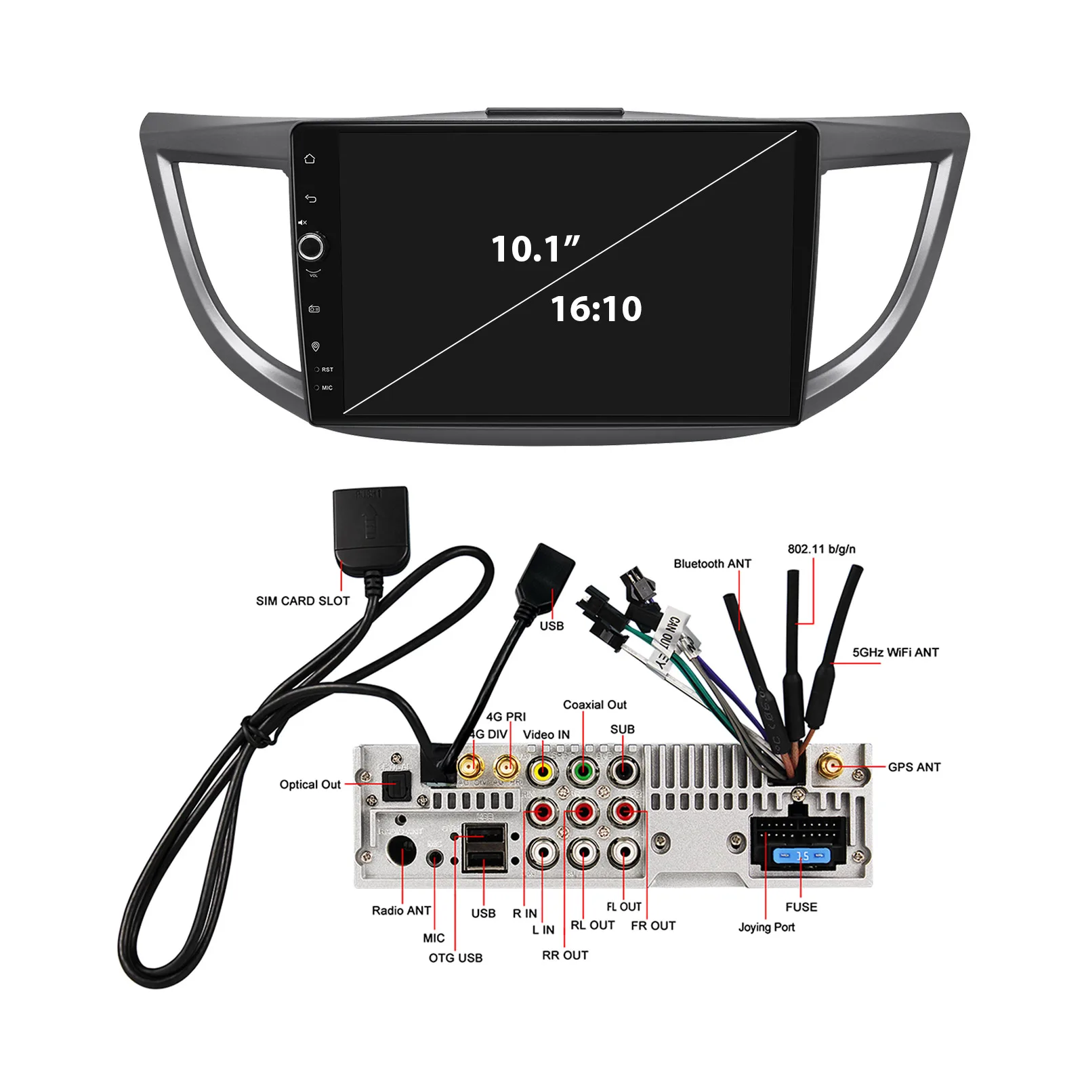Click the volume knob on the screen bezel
pyautogui.click(x=311, y=247)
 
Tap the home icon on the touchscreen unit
pyautogui.click(x=310, y=159)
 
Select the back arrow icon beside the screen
pyautogui.click(x=310, y=199)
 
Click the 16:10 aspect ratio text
pyautogui.click(x=596, y=309)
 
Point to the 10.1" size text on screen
pyautogui.click(x=535, y=249)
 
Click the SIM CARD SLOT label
pyautogui.click(x=303, y=601)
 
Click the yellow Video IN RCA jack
pyautogui.click(x=543, y=770)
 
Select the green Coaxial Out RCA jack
pyautogui.click(x=582, y=770)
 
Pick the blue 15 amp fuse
pyautogui.click(x=801, y=856)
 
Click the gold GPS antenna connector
pyautogui.click(x=830, y=767)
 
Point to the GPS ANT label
pyautogui.click(x=914, y=767)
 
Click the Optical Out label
pyautogui.click(x=310, y=785)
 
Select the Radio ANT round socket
pyautogui.click(x=401, y=850)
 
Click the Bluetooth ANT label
pyautogui.click(x=712, y=564)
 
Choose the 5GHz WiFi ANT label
pyautogui.click(x=895, y=652)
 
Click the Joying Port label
pyautogui.click(x=766, y=927)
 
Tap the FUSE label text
pyautogui.click(x=801, y=907)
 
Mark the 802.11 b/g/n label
pyautogui.click(x=821, y=549)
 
